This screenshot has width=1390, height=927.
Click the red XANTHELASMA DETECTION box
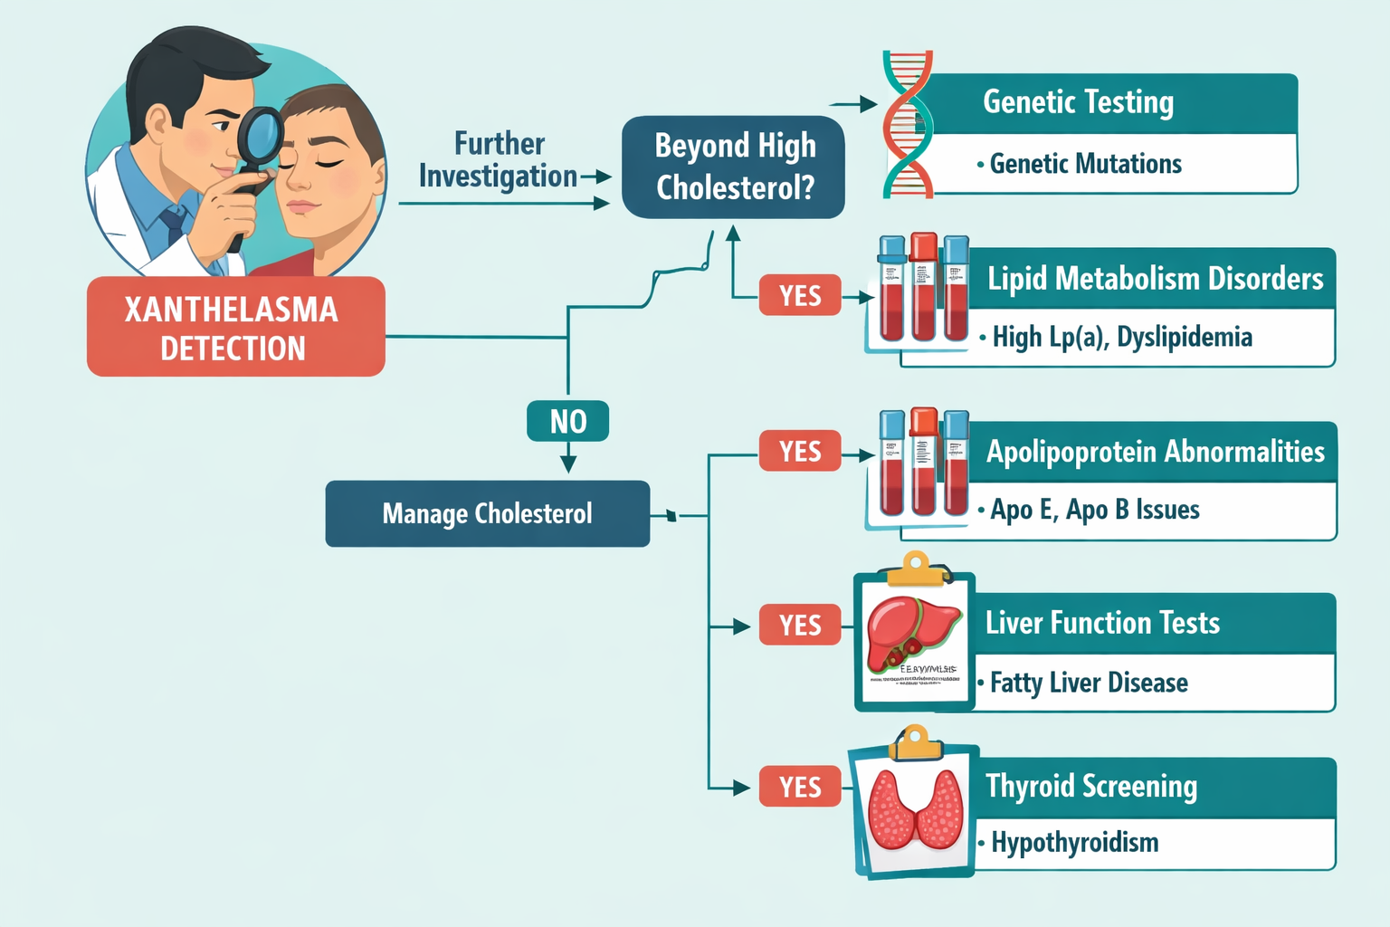point(235,327)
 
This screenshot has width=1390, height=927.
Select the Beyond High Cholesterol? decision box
point(734,167)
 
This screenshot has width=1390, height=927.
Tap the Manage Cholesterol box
point(487,513)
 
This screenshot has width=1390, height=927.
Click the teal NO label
point(567,421)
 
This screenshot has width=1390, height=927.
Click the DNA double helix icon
point(907,124)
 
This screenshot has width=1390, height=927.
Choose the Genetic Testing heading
point(1078,102)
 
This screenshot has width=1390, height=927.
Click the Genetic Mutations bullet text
point(1085,164)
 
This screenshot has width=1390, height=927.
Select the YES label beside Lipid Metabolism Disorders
point(800,295)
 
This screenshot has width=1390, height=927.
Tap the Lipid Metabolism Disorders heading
point(1155,278)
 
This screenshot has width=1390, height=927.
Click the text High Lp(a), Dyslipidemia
point(1121,338)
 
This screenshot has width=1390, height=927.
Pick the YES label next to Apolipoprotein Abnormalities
point(800,451)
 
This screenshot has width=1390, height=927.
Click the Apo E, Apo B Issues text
point(1094,510)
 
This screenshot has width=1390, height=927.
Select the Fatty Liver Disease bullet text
point(1088,683)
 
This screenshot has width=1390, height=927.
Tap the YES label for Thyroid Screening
point(800,787)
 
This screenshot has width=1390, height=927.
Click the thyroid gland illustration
point(915,808)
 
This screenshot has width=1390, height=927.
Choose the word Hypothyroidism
point(1074,843)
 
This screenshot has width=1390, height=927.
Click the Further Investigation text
point(499,160)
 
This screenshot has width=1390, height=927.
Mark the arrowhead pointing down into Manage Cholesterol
point(568,464)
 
